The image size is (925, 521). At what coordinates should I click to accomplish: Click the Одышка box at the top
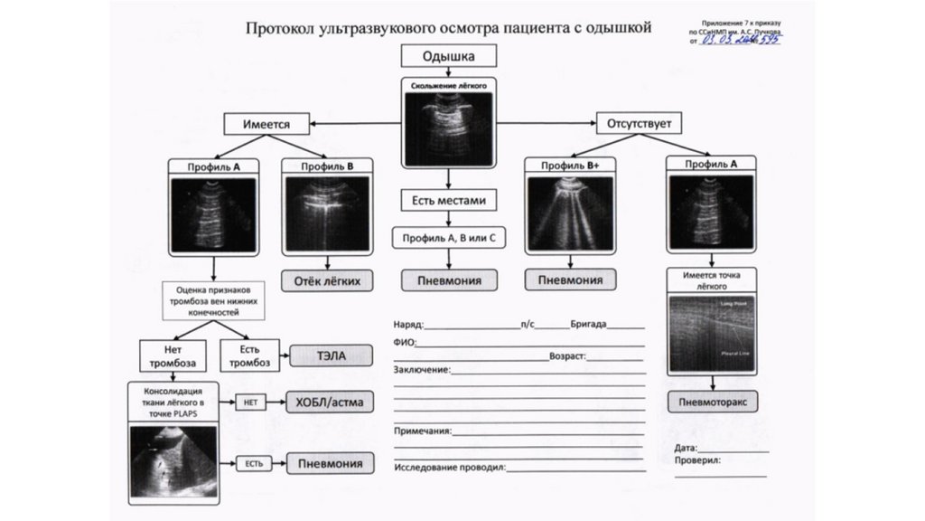point(449,56)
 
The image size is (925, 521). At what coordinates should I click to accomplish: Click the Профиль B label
point(325,166)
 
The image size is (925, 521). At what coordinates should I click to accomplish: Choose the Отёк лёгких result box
point(327,280)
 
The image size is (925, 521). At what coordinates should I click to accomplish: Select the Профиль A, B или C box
point(449,238)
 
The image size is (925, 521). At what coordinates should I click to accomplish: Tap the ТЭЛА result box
point(332,354)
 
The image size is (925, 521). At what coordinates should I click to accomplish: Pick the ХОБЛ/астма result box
point(332,402)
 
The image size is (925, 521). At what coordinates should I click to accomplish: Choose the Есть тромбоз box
point(249,355)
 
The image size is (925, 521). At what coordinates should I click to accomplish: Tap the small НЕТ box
point(250,403)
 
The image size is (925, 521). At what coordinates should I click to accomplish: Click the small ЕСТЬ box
point(253,464)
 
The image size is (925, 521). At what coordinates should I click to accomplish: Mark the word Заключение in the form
point(421,371)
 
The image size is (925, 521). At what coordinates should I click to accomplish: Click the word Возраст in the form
point(566,356)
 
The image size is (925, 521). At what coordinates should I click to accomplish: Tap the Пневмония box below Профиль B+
point(570,280)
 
